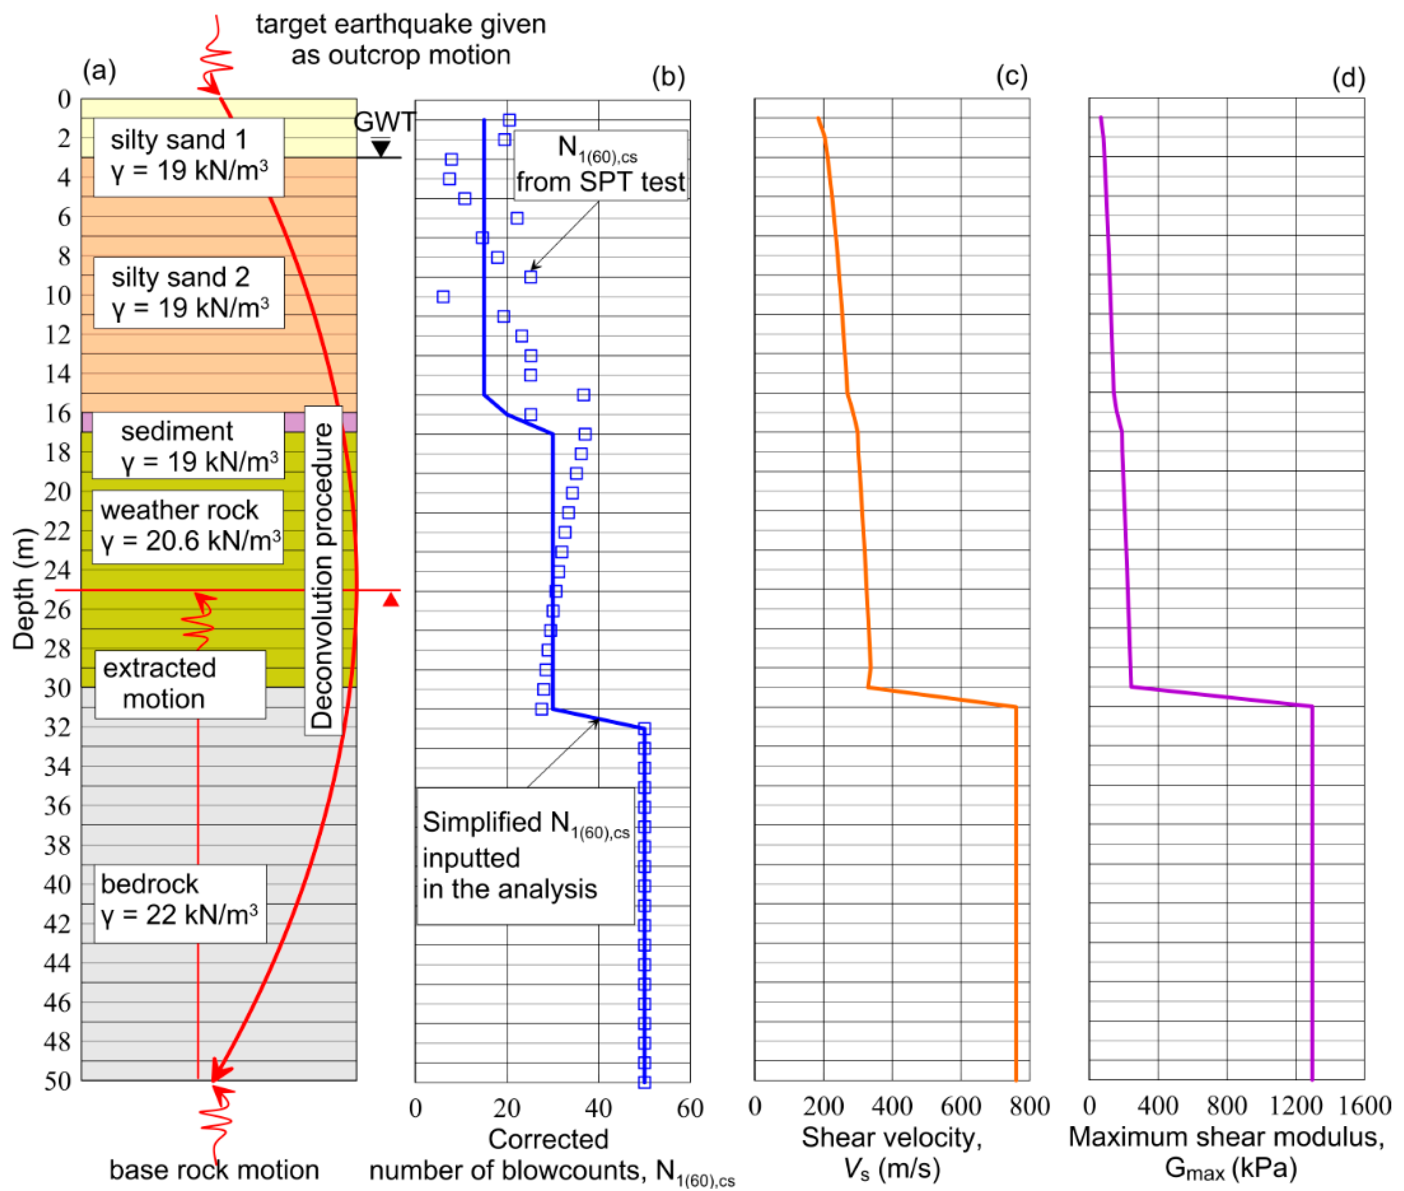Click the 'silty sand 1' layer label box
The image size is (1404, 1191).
click(x=189, y=157)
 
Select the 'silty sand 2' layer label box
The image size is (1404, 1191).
click(x=189, y=292)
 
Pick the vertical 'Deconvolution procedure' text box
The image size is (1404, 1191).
click(x=323, y=571)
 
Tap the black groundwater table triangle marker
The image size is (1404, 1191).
click(x=382, y=148)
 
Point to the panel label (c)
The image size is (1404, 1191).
click(x=1011, y=77)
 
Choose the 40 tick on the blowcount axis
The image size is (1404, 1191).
click(x=598, y=1108)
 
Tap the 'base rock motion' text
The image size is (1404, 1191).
click(x=214, y=1170)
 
